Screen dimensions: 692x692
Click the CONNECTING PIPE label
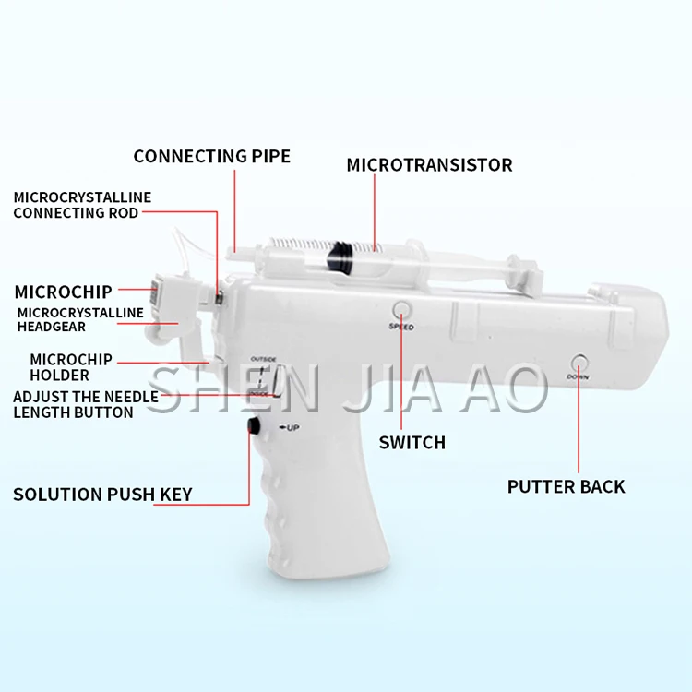pos(211,156)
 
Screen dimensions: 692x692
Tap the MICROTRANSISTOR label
pos(429,165)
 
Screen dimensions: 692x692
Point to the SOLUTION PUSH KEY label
pos(102,495)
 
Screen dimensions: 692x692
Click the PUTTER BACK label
pos(566,486)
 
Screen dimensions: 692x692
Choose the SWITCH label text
pos(412,443)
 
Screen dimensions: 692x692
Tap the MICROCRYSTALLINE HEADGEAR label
pos(80,319)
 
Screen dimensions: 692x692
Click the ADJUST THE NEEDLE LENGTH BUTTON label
pos(85,404)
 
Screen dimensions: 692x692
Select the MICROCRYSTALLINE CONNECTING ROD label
pos(81,205)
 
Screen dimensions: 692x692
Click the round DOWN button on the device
pos(579,362)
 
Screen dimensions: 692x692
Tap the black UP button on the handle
pos(252,425)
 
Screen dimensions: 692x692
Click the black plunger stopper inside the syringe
pos(339,251)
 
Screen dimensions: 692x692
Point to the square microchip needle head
pos(158,293)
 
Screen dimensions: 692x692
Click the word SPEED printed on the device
pos(401,328)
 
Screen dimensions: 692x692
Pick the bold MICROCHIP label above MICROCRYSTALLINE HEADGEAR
pos(63,292)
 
